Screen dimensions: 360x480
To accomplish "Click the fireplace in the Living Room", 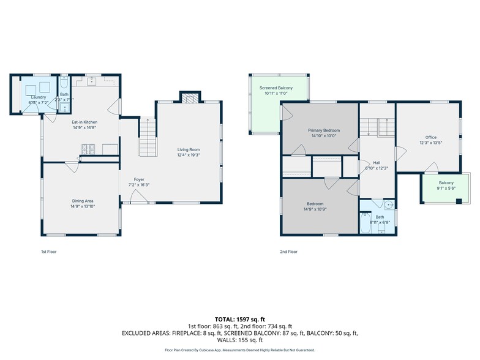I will [x=189, y=97].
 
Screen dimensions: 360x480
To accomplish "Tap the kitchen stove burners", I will [x=88, y=148].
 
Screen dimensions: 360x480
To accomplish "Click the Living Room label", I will [x=189, y=149].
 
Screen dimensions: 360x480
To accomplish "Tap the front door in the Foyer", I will [x=138, y=197].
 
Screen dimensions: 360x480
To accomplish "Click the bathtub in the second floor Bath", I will [x=366, y=223].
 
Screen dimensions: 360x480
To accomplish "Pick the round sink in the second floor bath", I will [x=389, y=205].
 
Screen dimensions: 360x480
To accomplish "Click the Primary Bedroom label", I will [x=324, y=130].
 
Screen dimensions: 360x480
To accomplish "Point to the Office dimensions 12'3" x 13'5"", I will [x=431, y=143].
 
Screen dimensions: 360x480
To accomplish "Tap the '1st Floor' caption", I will [x=49, y=252].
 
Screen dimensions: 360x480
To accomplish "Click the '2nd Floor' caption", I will [x=288, y=252].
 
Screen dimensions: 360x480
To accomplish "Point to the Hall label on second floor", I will [x=377, y=163].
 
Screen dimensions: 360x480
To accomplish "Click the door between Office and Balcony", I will [x=432, y=167].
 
